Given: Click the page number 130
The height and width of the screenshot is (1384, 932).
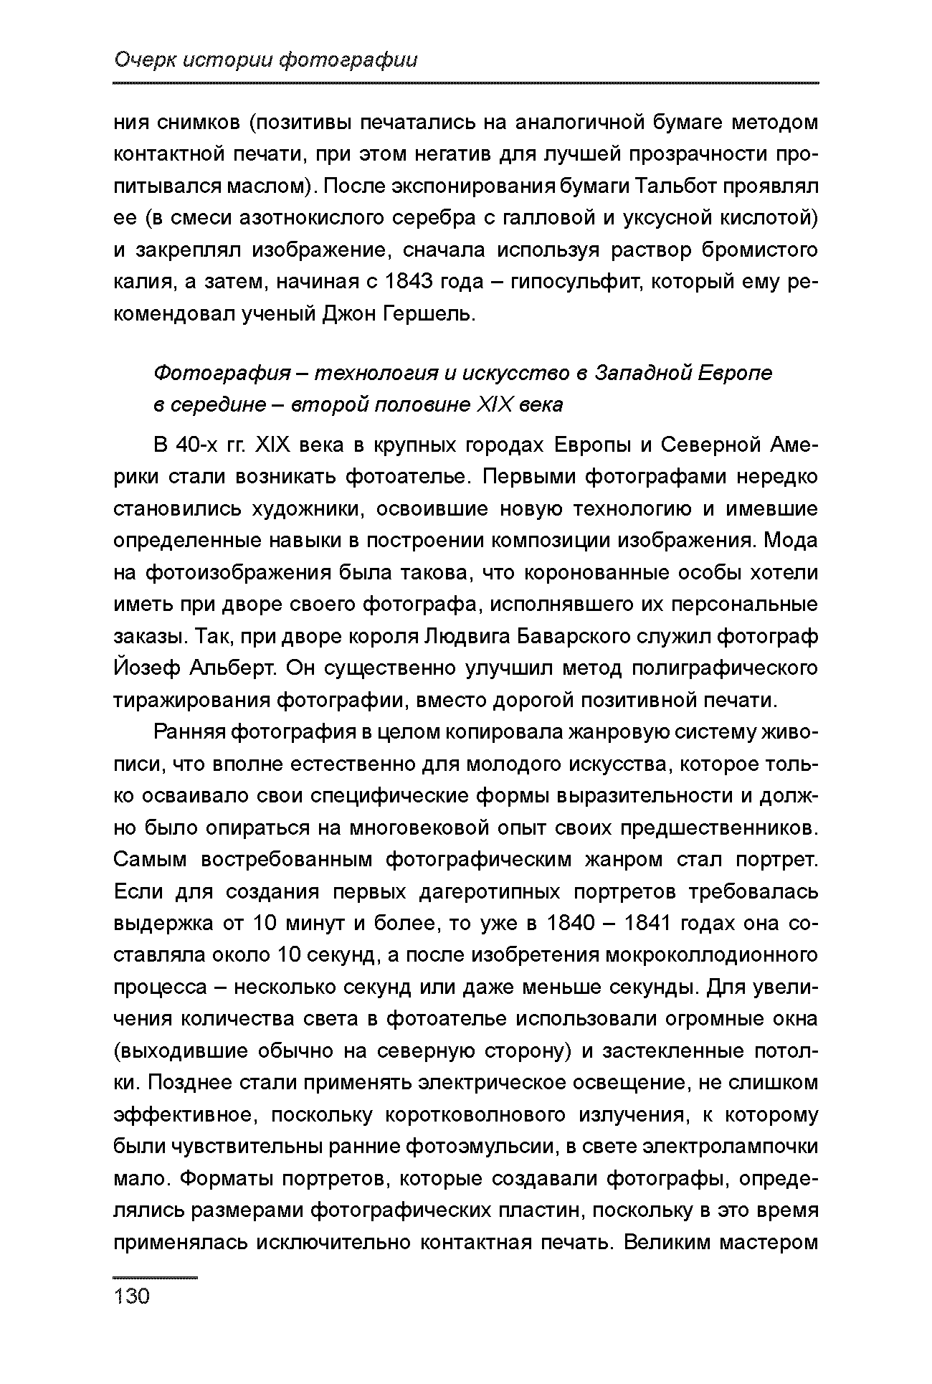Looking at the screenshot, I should click(132, 1296).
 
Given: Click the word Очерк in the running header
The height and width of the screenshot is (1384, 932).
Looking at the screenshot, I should click(143, 60).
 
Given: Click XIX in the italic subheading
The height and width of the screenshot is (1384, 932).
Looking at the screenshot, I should click(495, 404).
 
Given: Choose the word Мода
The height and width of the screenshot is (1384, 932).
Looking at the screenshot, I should click(790, 540).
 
